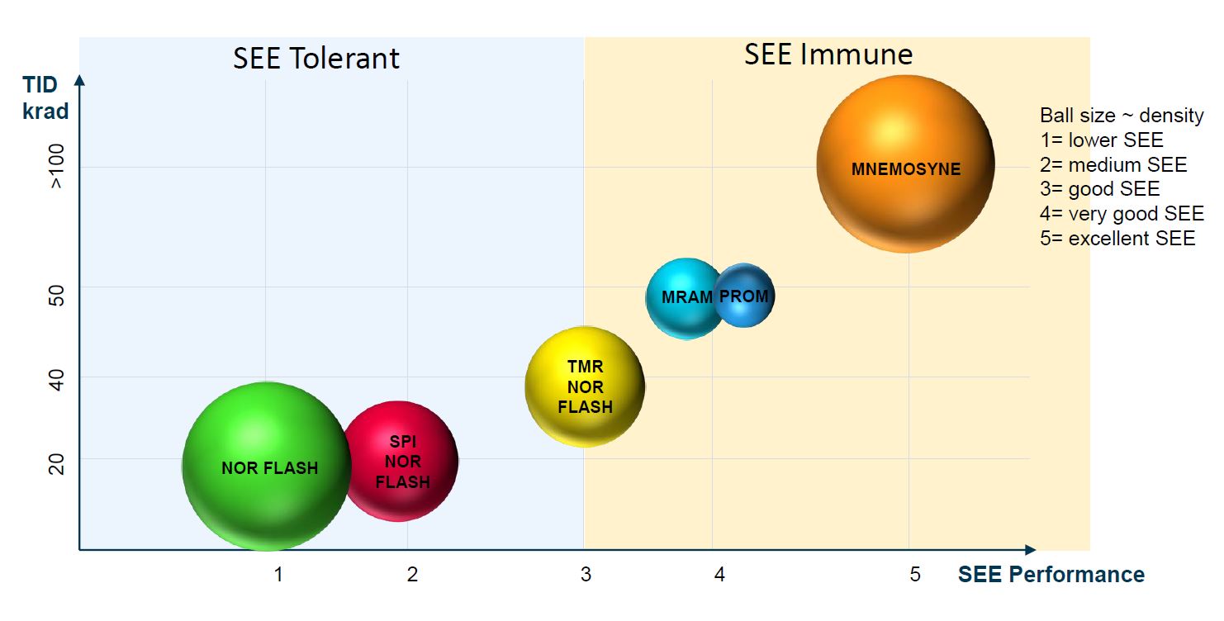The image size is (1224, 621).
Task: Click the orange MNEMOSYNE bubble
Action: (x=905, y=164)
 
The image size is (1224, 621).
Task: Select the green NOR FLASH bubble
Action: (x=266, y=466)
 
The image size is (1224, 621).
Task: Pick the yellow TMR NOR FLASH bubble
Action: (x=585, y=386)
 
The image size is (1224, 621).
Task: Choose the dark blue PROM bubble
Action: (x=745, y=295)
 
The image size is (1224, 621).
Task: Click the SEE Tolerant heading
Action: (x=316, y=59)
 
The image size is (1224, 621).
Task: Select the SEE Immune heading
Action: (x=828, y=55)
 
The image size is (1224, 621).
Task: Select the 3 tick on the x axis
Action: (x=586, y=574)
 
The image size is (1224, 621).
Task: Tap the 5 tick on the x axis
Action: (x=914, y=574)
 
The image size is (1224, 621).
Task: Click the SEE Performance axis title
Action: (x=1051, y=575)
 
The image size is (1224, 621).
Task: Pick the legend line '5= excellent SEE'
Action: (x=1117, y=239)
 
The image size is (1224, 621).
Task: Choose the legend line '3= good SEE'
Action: (x=1099, y=189)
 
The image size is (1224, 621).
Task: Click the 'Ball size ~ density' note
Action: (x=1122, y=116)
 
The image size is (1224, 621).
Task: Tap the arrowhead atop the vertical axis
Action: (x=79, y=80)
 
